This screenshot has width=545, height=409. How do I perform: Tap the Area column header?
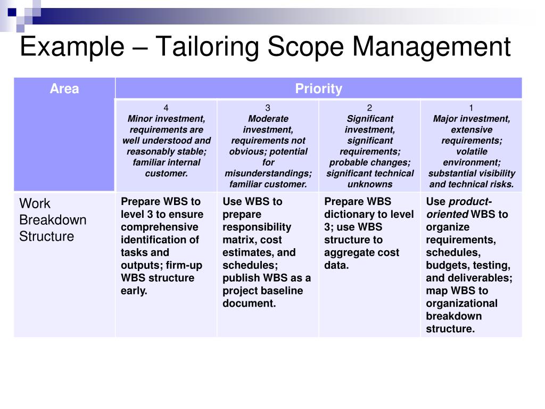[x=64, y=89]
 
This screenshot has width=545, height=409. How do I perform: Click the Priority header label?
[x=318, y=89]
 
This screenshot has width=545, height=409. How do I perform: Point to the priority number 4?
[x=166, y=108]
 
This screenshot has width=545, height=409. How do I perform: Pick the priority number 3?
[x=268, y=108]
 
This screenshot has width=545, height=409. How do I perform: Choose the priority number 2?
[x=369, y=108]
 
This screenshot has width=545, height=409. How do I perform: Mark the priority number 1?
[x=471, y=108]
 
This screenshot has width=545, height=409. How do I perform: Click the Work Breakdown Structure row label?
[x=53, y=220]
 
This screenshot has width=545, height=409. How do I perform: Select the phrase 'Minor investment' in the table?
[x=166, y=119]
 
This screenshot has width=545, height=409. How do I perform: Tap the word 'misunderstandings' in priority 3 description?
[x=268, y=174]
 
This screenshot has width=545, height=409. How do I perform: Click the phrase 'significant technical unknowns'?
[x=370, y=179]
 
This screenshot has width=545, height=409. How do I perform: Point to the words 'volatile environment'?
[x=471, y=157]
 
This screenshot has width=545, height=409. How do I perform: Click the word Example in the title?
[x=70, y=47]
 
